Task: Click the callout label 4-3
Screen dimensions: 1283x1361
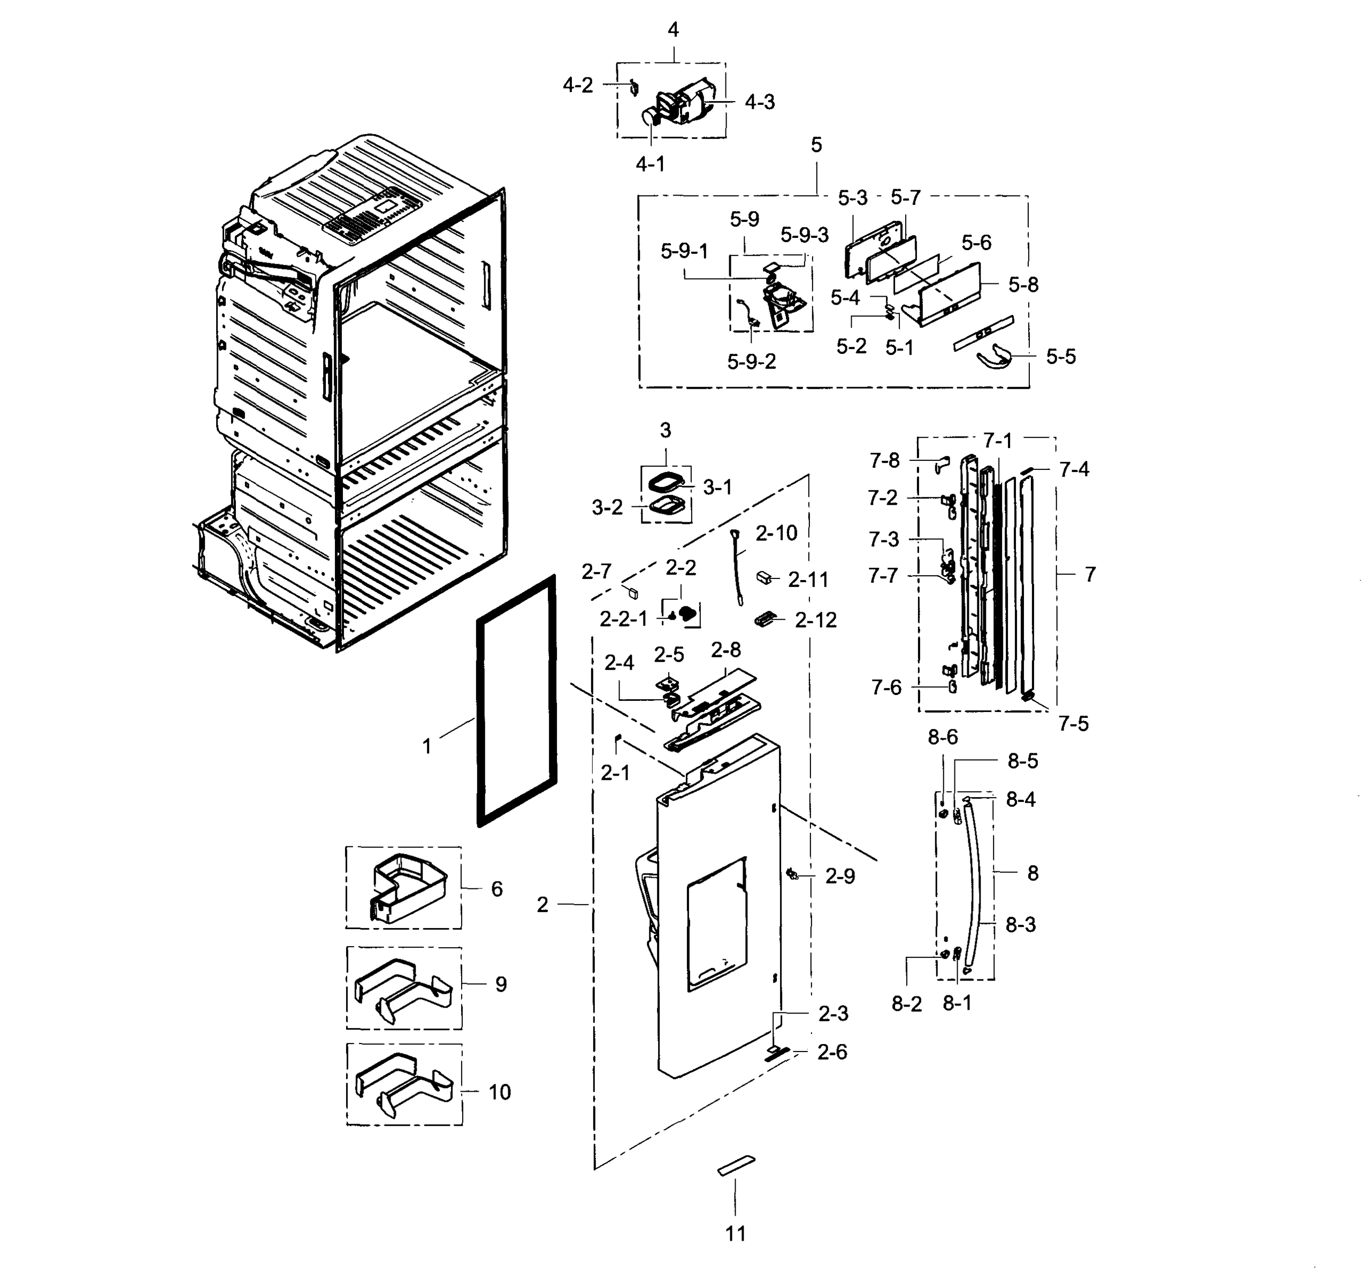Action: coord(759,102)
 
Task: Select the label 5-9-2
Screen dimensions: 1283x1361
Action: coord(751,361)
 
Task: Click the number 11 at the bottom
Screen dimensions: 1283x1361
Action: coord(735,1234)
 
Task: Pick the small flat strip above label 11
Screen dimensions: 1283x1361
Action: coord(736,1166)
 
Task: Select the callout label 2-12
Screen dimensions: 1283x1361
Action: coord(815,620)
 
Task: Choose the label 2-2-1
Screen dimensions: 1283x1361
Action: coord(623,619)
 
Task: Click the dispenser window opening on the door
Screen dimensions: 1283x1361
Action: coord(716,924)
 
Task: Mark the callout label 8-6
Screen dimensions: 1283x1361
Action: coord(943,737)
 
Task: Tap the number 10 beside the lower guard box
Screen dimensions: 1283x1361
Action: coord(499,1092)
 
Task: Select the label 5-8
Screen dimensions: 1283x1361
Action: coord(1023,284)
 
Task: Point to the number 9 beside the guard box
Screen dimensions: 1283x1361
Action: coord(500,984)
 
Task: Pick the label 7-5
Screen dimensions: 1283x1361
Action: coord(1073,723)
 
